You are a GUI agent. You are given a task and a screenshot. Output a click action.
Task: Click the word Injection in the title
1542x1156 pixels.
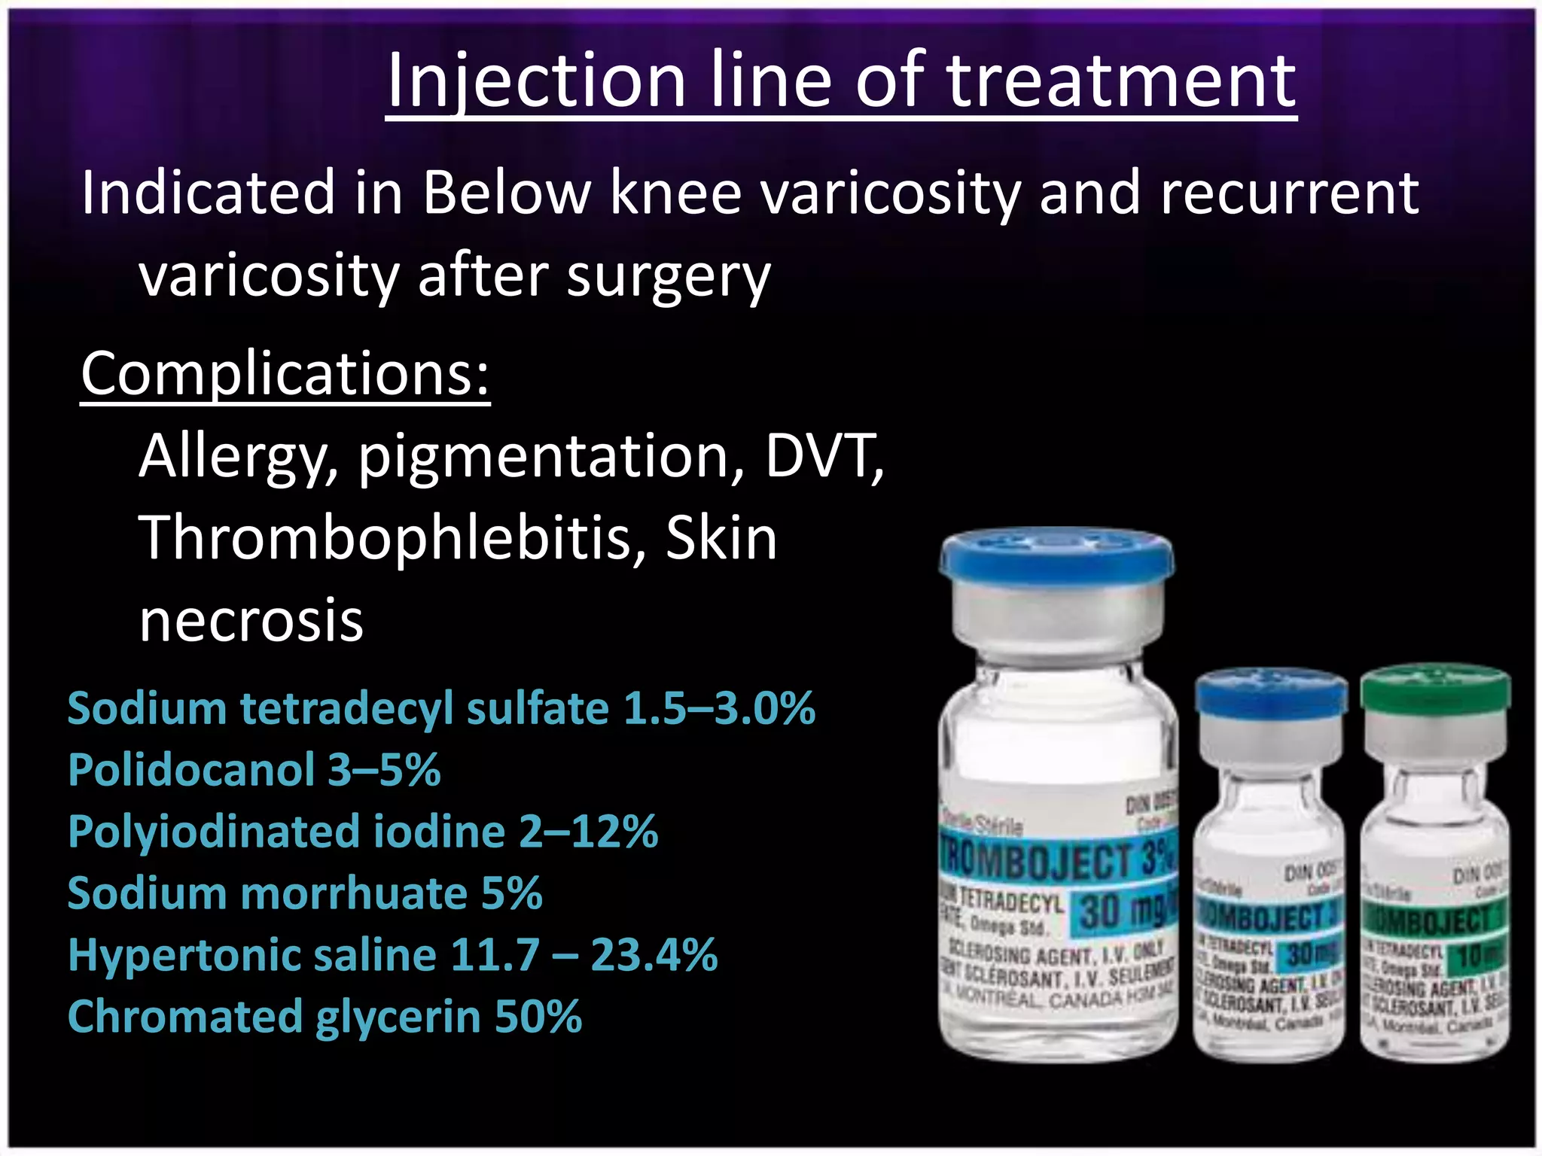click(535, 81)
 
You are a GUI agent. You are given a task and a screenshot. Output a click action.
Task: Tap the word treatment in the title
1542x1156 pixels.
click(1121, 81)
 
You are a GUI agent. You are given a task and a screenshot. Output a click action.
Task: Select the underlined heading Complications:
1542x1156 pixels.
click(285, 374)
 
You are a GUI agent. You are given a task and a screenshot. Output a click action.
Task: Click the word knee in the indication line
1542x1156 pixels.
click(675, 193)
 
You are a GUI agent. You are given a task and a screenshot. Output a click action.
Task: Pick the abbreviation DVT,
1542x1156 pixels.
click(824, 456)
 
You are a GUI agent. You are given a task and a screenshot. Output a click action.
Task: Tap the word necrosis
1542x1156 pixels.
click(251, 622)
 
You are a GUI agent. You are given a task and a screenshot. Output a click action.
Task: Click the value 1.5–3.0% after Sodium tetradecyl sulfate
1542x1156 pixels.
click(719, 709)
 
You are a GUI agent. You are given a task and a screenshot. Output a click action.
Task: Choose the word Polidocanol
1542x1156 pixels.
click(191, 770)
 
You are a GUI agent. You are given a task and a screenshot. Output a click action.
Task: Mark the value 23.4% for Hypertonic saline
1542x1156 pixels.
click(654, 955)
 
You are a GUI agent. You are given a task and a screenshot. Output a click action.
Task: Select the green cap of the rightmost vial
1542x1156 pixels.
click(1435, 686)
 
